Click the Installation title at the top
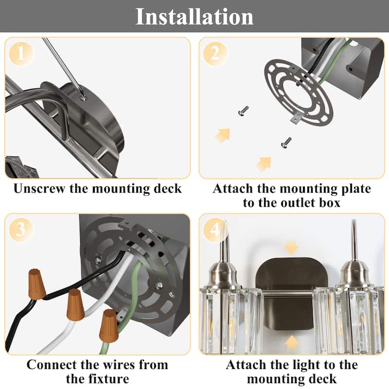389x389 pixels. (194, 17)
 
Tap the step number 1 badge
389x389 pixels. (21, 53)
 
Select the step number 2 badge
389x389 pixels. (215, 53)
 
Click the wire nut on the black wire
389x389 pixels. (37, 284)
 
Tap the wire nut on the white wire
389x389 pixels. (75, 305)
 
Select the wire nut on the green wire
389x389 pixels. (109, 326)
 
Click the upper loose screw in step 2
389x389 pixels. (244, 111)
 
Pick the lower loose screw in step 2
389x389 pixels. (286, 142)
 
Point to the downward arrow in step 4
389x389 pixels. (291, 248)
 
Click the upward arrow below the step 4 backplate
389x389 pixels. (292, 343)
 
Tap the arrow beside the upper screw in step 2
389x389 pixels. (223, 136)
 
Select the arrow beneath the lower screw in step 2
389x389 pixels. (264, 164)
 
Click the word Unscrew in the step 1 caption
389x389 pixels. (39, 189)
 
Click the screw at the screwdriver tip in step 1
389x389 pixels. (83, 98)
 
